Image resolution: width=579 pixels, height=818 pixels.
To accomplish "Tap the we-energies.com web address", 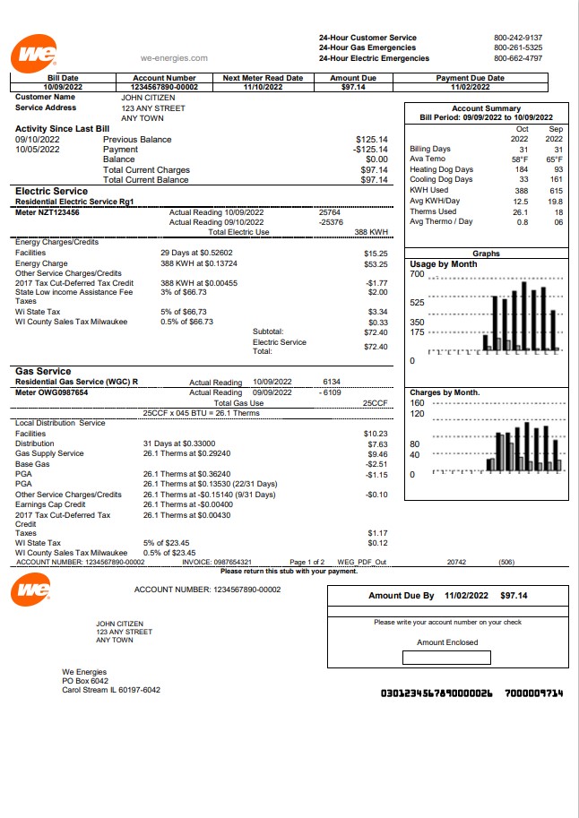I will [x=174, y=58].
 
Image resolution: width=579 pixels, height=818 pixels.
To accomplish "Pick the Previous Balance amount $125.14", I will [x=371, y=140].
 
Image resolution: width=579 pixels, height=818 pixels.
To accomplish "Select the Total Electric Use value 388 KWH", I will [x=371, y=232].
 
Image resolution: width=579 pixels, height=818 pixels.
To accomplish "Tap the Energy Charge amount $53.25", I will [x=376, y=264].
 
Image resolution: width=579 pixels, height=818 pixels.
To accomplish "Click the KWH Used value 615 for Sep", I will [x=556, y=190].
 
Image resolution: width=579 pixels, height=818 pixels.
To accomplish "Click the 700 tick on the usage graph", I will [x=417, y=274].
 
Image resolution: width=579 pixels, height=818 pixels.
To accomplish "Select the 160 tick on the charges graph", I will [x=417, y=403].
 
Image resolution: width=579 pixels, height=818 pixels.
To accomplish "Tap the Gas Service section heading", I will [x=42, y=371].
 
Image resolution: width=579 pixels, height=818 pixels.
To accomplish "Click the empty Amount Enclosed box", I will [x=446, y=658].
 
